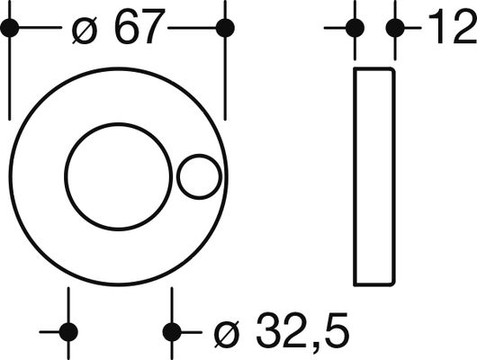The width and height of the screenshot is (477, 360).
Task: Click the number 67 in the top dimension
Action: point(139,26)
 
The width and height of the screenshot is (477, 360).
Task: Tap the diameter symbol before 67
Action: point(85,31)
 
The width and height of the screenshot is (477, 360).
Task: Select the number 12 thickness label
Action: point(453,26)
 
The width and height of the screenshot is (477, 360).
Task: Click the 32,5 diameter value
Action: point(301,331)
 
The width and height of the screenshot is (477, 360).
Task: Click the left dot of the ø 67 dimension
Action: point(10,28)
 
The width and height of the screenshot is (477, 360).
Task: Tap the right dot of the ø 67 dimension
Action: point(225,28)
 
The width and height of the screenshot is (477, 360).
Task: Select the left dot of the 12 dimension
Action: point(355,28)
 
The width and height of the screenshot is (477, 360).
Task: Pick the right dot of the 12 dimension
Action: point(395,28)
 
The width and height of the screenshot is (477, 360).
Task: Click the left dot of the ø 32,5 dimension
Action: point(68,332)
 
